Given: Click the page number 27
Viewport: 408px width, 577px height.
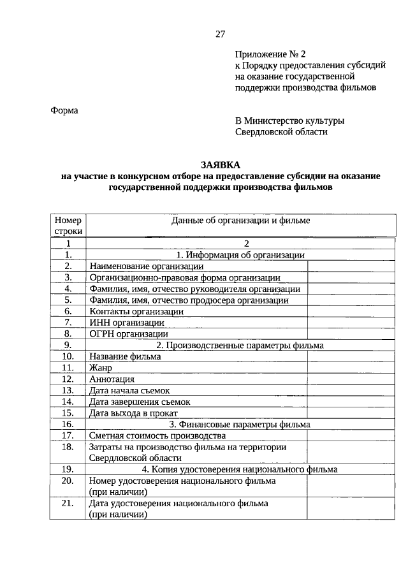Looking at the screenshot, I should click(220, 34).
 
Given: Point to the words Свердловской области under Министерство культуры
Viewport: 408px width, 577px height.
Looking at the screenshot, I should click(281, 131).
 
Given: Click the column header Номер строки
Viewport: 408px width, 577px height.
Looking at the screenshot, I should click(67, 226).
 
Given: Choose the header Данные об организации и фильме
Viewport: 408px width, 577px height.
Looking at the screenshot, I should click(240, 221).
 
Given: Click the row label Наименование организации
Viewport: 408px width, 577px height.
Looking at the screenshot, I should click(147, 266).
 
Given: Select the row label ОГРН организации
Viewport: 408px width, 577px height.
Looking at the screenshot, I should click(129, 333).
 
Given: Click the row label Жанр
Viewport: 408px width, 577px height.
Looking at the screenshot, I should click(101, 368).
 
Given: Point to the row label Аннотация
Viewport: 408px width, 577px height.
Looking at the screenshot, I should click(112, 379).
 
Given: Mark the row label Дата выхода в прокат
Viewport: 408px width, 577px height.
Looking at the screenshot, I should click(138, 413).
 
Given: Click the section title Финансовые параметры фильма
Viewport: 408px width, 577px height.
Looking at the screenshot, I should click(240, 424).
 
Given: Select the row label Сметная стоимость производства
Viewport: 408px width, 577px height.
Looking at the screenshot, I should click(157, 435).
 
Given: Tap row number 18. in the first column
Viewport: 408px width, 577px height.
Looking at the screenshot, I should click(68, 447).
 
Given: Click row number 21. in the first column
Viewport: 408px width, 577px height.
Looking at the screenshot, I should click(68, 503).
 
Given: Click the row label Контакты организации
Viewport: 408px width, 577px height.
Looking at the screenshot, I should click(136, 311).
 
